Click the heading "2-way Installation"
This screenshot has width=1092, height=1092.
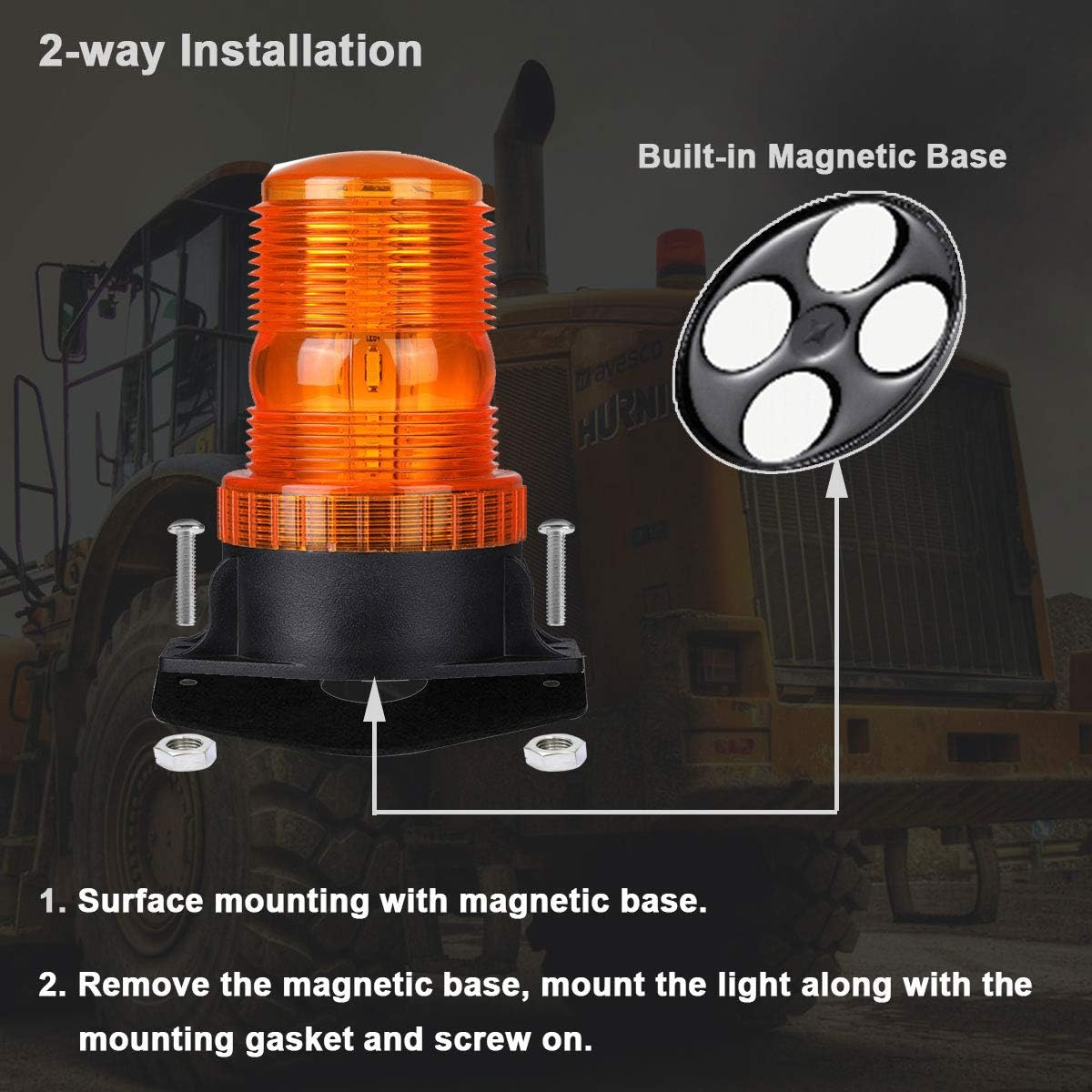230,51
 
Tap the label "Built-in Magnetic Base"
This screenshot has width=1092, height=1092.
822,156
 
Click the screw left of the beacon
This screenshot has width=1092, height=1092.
183,571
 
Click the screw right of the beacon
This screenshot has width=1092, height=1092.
551,570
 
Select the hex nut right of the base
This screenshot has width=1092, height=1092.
548,750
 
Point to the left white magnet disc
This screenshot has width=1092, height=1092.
738,323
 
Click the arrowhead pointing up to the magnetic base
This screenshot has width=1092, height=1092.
836,481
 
